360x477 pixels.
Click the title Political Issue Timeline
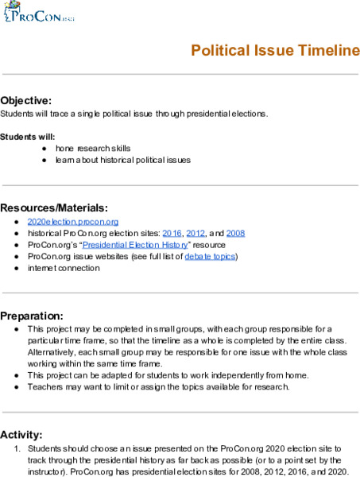coord(275,51)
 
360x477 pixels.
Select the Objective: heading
coord(26,100)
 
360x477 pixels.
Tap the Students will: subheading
coord(28,137)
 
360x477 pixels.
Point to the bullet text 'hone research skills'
coord(93,149)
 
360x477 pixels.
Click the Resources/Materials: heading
coord(54,207)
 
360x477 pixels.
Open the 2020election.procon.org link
coord(73,222)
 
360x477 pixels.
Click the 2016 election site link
coord(172,234)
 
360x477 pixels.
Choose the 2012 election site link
coord(195,234)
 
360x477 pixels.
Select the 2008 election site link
coord(235,234)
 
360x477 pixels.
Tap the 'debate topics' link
coord(210,257)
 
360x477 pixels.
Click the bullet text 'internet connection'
coord(64,268)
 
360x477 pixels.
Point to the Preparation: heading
coord(32,315)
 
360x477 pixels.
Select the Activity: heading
coord(22,434)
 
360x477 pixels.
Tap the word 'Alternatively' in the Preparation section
coord(55,351)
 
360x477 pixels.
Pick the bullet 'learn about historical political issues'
coord(123,160)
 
